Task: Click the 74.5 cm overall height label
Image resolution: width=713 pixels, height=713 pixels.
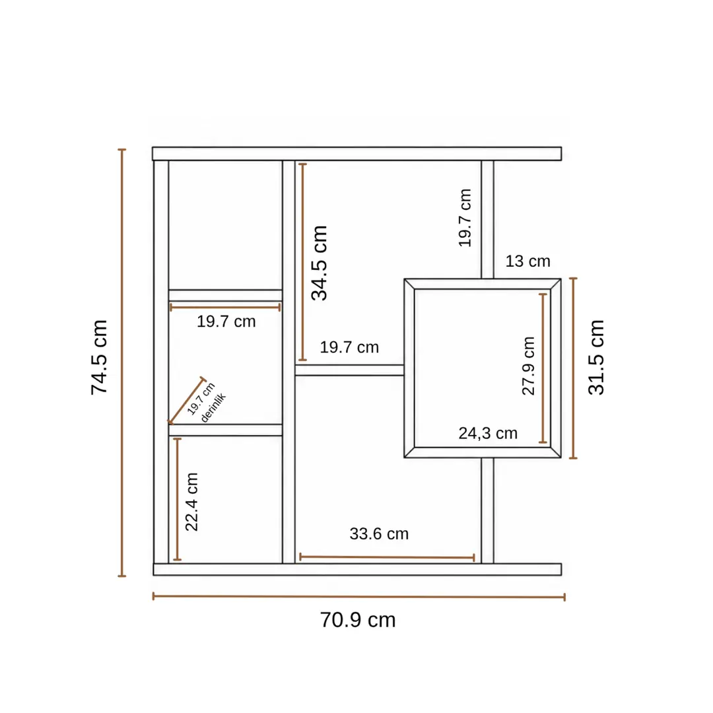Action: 99,357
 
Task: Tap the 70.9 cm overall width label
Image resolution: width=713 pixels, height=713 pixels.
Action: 358,620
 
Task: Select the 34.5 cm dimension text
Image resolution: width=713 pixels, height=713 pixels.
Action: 320,263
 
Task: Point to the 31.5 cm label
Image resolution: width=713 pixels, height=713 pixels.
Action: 596,357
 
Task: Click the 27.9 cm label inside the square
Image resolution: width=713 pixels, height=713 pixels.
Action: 528,366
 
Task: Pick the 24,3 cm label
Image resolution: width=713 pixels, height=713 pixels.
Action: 488,433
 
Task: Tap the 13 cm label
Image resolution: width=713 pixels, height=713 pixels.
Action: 528,261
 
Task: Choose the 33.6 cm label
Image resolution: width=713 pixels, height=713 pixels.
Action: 379,534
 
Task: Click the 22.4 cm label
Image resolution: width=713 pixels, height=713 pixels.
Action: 192,502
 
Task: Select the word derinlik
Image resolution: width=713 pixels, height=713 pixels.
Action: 213,407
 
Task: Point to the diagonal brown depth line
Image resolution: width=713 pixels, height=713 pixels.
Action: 187,401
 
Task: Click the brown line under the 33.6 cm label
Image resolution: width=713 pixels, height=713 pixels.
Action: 387,557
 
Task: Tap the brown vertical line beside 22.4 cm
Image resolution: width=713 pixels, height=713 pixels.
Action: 178,499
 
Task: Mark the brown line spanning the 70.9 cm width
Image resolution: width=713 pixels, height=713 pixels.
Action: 358,597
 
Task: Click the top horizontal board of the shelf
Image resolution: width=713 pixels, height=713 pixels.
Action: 357,154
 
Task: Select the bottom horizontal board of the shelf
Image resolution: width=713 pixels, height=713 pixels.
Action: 357,569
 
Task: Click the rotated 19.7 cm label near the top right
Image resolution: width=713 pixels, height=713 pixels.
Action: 465,218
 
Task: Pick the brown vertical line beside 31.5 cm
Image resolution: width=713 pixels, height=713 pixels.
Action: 574,368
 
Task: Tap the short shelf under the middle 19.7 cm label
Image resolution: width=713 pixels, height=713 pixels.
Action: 349,370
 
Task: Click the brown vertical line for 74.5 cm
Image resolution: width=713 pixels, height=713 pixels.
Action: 122,362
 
